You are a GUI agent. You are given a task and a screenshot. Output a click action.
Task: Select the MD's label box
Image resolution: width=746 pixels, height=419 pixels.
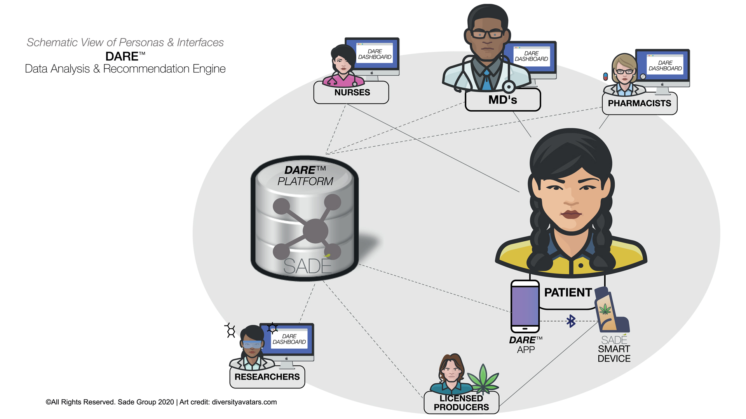point(502,100)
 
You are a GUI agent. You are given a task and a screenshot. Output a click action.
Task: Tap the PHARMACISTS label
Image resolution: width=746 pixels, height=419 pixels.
point(639,104)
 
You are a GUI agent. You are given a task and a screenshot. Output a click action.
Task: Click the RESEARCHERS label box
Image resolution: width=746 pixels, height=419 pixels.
point(267,377)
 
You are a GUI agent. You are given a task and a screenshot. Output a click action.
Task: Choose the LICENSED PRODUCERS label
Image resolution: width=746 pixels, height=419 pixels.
point(461,403)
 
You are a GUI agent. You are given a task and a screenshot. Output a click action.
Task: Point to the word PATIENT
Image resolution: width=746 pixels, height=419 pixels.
point(568,293)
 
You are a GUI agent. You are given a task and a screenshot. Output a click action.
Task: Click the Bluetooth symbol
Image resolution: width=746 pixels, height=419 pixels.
point(571,321)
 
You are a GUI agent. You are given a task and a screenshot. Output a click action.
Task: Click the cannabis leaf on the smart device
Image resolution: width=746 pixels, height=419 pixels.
point(605,310)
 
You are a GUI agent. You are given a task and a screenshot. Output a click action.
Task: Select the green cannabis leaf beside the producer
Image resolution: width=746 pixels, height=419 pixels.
point(483,379)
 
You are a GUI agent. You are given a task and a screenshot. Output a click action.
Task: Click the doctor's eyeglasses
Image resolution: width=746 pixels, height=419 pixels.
point(487,34)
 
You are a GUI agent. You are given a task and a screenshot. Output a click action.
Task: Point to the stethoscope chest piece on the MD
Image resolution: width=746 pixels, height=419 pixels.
point(508,87)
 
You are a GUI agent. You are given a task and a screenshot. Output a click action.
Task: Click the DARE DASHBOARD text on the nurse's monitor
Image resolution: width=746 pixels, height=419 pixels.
point(375,54)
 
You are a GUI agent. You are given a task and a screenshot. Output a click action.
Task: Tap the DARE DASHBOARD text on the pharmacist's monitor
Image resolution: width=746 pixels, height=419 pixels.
point(665,66)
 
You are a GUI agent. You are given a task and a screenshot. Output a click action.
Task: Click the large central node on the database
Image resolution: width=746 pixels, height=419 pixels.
point(315,231)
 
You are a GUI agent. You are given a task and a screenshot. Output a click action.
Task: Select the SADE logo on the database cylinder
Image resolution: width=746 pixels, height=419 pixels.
point(307,266)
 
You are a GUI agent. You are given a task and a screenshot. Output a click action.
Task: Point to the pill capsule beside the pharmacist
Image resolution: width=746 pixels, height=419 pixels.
point(605,76)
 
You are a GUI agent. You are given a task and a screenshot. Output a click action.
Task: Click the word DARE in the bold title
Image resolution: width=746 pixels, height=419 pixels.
point(122,57)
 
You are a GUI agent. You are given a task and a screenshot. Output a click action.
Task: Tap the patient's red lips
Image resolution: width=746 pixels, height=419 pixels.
point(570,214)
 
